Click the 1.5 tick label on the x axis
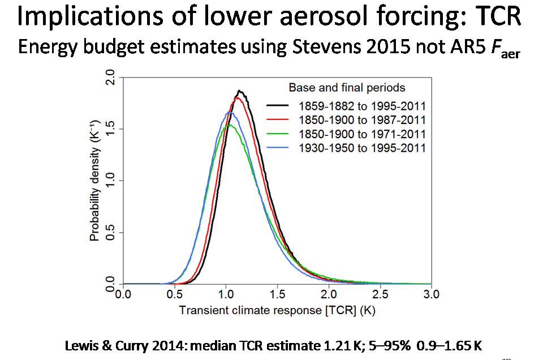[x=277, y=294]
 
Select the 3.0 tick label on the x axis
[x=432, y=294]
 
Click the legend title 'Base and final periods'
[x=347, y=88]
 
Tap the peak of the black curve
[x=240, y=91]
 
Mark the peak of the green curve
[x=228, y=125]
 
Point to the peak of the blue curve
[x=229, y=113]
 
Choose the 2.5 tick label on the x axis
[x=380, y=294]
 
